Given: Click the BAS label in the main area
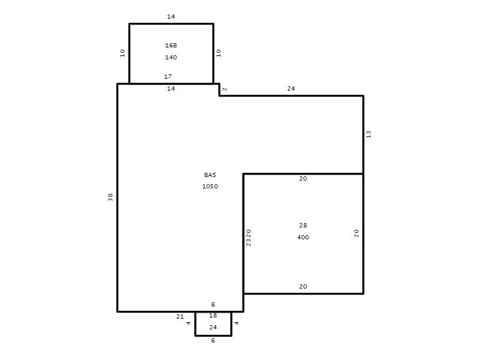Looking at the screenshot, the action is pyautogui.click(x=210, y=175).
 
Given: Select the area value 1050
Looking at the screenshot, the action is pyautogui.click(x=210, y=186).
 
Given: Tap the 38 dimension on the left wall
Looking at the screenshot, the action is pyautogui.click(x=110, y=197).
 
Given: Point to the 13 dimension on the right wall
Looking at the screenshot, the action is pyautogui.click(x=368, y=134).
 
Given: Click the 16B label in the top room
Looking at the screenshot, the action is pyautogui.click(x=171, y=46).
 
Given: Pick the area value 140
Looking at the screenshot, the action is pyautogui.click(x=171, y=57).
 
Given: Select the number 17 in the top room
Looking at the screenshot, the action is pyautogui.click(x=168, y=76).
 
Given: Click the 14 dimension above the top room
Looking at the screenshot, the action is pyautogui.click(x=171, y=17).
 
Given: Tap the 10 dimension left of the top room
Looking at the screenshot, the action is pyautogui.click(x=122, y=53).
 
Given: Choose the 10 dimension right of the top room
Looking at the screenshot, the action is pyautogui.click(x=218, y=53).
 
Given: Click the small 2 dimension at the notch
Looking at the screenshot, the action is pyautogui.click(x=224, y=89).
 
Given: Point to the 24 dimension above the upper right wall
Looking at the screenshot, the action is pyautogui.click(x=291, y=88).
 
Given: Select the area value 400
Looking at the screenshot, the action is pyautogui.click(x=303, y=237).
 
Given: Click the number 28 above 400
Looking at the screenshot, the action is pyautogui.click(x=303, y=226).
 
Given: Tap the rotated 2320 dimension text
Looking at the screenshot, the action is pyautogui.click(x=248, y=238).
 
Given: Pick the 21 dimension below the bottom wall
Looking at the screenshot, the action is pyautogui.click(x=180, y=317).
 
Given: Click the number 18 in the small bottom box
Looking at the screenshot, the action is pyautogui.click(x=213, y=316).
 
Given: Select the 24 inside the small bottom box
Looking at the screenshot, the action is pyautogui.click(x=213, y=327).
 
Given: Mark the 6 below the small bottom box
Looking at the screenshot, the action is pyautogui.click(x=213, y=340).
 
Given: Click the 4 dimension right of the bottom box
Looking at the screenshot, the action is pyautogui.click(x=236, y=323).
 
